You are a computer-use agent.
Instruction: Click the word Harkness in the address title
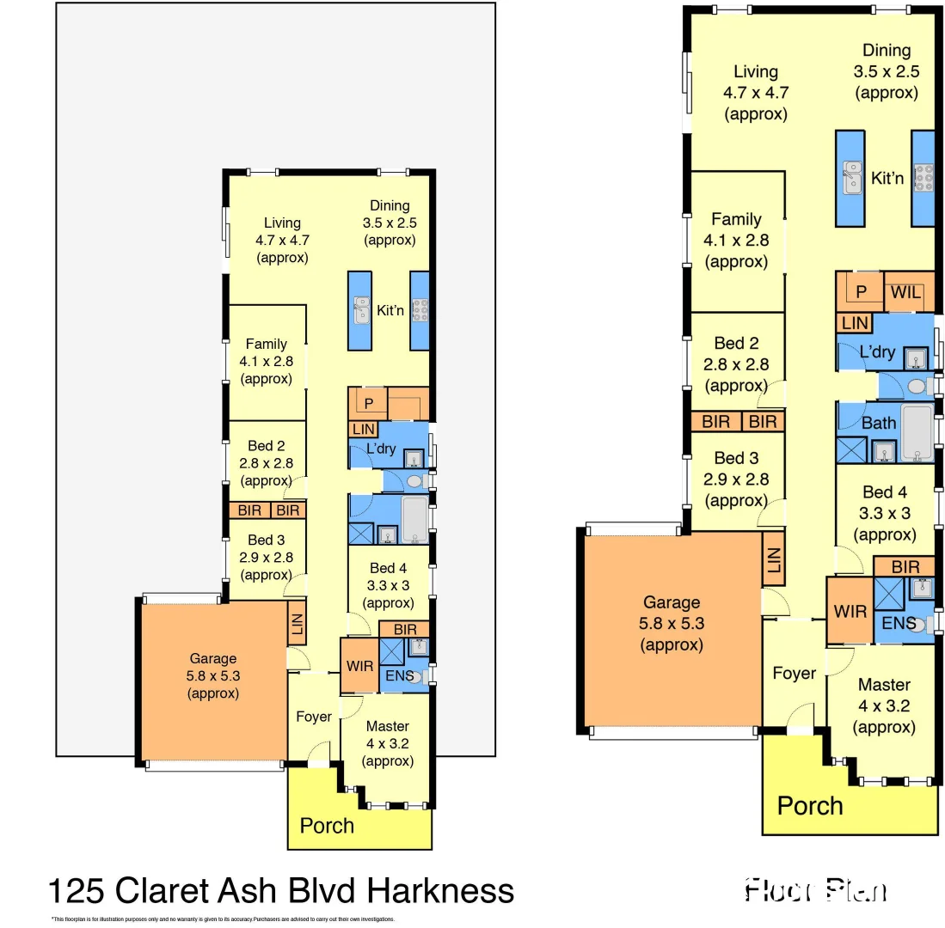[440, 890]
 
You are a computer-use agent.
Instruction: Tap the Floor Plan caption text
[814, 889]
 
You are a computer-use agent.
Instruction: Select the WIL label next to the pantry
[906, 293]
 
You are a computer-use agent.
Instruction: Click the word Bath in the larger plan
[878, 423]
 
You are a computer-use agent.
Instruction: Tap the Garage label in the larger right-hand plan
[672, 602]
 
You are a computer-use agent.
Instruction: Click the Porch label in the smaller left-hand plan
[327, 826]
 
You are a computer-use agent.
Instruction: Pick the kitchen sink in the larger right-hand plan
[852, 178]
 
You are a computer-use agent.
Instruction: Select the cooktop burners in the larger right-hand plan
[924, 178]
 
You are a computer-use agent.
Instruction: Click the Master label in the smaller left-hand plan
[387, 726]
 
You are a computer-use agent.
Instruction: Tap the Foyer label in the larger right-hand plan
[794, 673]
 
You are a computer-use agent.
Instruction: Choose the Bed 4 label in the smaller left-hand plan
[388, 568]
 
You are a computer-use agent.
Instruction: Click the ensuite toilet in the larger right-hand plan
[922, 626]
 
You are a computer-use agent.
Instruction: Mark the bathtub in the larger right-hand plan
[915, 433]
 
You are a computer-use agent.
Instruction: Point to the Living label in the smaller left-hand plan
[282, 223]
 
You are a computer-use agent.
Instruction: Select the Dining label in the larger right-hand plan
[887, 51]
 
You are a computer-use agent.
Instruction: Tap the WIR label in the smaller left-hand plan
[359, 666]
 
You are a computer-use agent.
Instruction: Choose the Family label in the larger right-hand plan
[736, 219]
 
